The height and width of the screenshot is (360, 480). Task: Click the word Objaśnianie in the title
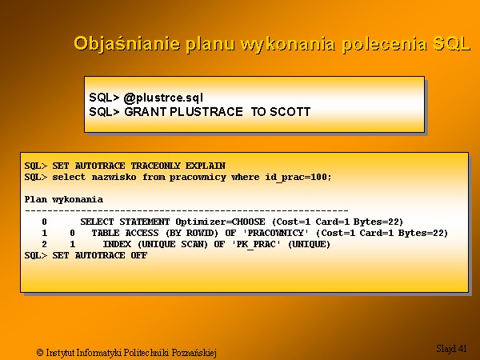point(126,43)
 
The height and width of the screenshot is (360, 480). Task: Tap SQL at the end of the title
point(451,43)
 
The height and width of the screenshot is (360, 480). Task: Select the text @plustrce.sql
point(163,98)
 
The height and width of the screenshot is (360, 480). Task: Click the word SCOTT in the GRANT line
point(290,112)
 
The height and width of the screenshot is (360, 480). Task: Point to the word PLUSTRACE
point(206,112)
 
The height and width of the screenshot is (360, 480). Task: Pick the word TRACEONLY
point(155,166)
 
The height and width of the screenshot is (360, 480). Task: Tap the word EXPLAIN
point(206,166)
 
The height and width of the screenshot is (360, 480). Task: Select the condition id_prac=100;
point(298,178)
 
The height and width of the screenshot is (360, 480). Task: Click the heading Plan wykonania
point(64,199)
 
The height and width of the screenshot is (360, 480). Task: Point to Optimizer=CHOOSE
point(220,222)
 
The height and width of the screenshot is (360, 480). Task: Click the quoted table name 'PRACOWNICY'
point(275,233)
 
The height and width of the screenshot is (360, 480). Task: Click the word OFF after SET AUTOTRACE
point(139,255)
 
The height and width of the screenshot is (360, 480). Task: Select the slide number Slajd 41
point(451,348)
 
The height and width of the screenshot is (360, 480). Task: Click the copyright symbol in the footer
point(40,352)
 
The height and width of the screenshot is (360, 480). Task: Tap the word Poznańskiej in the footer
point(194,353)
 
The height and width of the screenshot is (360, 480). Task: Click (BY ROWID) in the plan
point(192,234)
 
